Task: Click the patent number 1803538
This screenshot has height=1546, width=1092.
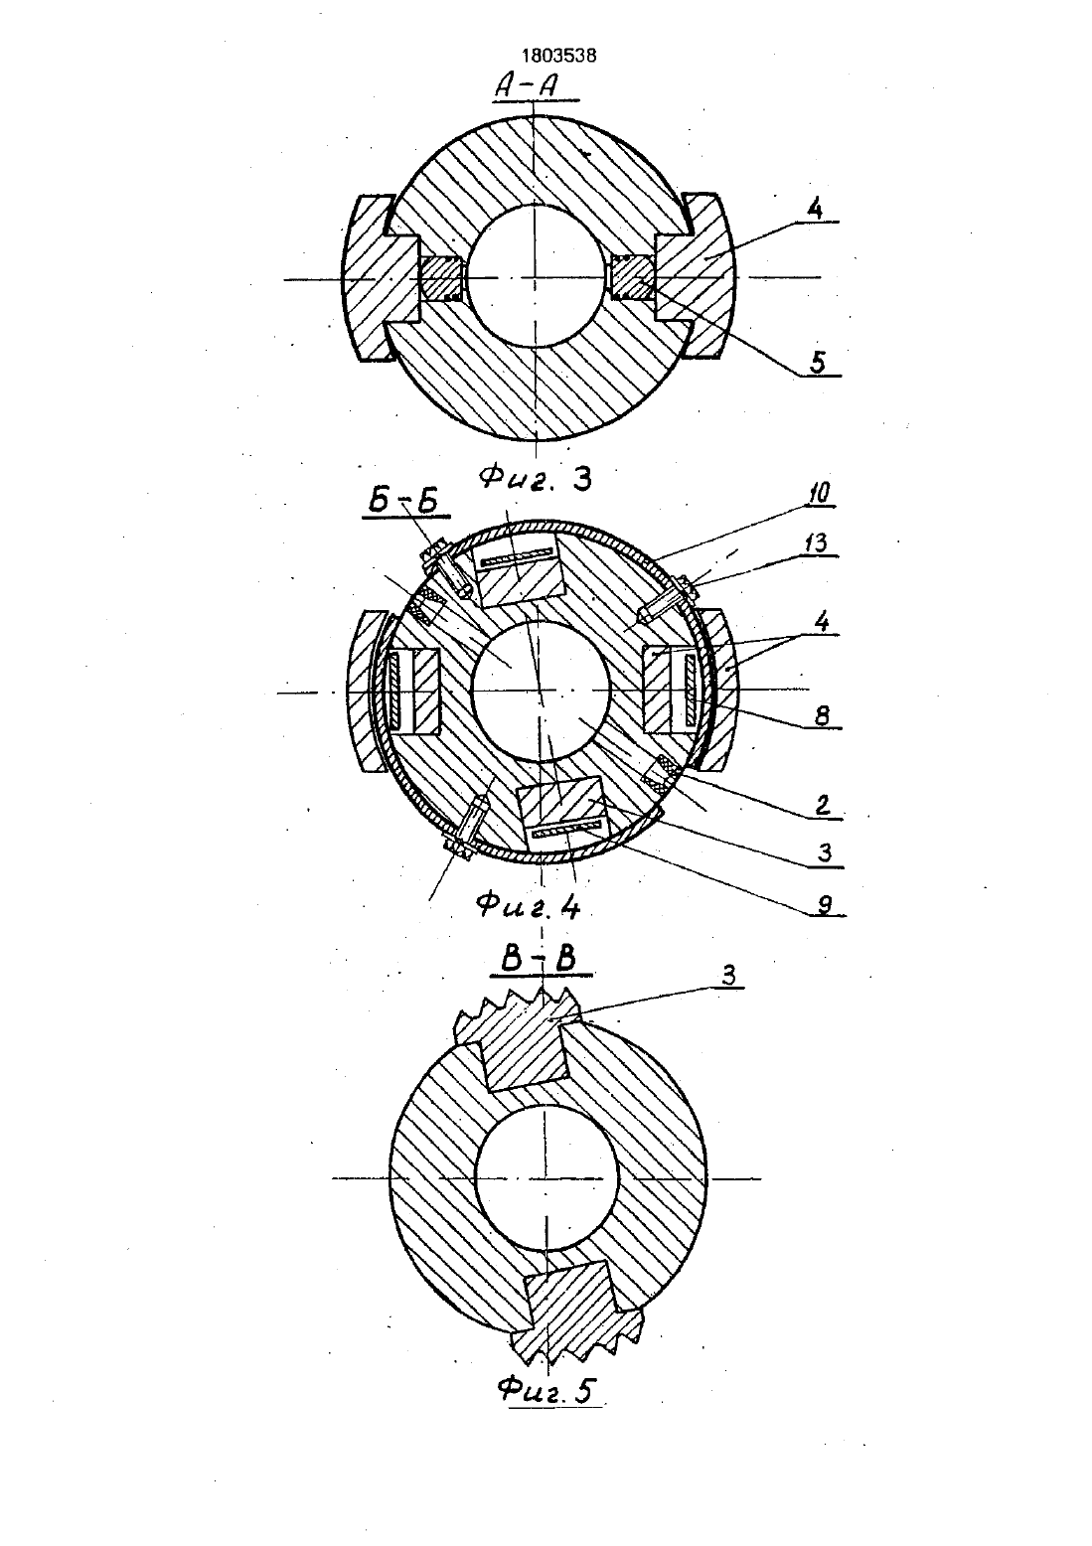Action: coord(559,57)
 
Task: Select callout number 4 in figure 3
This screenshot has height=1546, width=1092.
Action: coord(815,209)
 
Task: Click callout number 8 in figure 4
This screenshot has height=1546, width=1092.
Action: coord(820,715)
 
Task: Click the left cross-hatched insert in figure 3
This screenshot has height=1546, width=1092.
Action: coord(441,278)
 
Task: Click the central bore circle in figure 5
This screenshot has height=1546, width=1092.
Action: coord(546,1178)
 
